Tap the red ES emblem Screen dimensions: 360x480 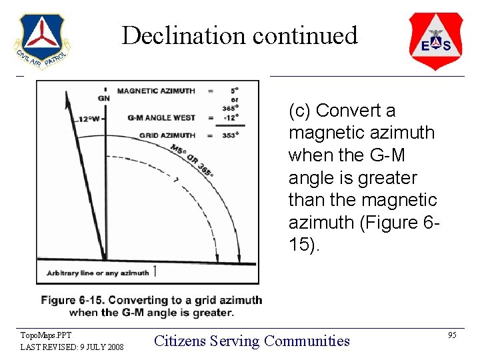coord(435,41)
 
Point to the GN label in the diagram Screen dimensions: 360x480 coord(104,98)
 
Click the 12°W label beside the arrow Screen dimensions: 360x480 coord(89,119)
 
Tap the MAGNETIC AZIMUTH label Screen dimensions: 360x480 coord(156,91)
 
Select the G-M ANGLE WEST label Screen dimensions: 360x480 coord(161,118)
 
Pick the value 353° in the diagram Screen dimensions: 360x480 coord(231,135)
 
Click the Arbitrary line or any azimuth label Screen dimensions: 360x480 coord(97,272)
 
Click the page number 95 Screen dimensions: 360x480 coord(452,335)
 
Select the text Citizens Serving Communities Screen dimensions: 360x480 coord(252,341)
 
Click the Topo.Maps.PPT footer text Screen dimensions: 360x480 coord(45,335)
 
